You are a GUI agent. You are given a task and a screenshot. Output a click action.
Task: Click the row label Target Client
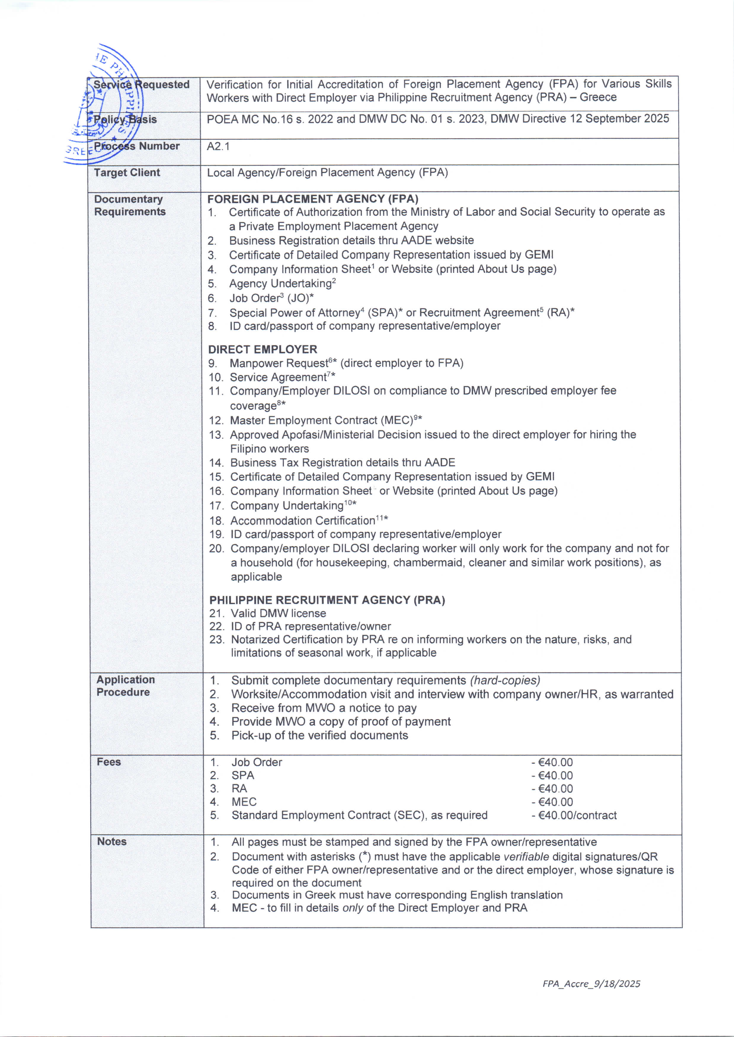(127, 173)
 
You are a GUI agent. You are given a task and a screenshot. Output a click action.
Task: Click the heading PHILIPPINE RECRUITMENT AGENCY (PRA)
(327, 600)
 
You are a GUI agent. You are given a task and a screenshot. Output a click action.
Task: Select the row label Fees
(109, 762)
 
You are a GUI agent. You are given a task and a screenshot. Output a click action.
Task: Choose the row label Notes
(112, 842)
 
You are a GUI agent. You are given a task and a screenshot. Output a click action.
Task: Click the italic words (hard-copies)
(505, 681)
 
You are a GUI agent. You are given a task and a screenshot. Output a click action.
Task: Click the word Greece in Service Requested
(598, 97)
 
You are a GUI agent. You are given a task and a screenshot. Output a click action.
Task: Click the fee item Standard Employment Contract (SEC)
(359, 815)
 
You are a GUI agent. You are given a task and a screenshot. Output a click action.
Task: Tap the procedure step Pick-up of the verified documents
(319, 735)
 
